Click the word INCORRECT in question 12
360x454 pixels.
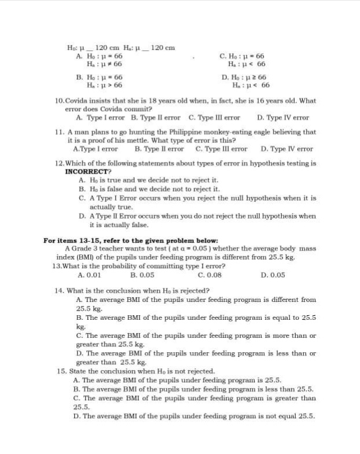tap(86, 172)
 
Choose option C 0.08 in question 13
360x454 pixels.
tap(210, 275)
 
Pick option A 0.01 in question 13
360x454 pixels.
tap(86, 275)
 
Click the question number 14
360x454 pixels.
tap(59, 290)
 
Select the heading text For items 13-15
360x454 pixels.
tap(76, 241)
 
